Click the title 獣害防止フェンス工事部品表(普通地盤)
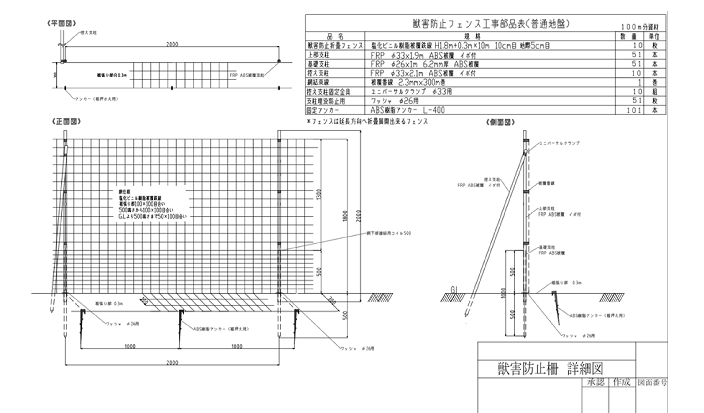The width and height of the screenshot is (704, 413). (x=491, y=24)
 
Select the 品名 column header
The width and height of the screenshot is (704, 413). (x=335, y=36)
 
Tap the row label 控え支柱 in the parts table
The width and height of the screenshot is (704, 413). (x=318, y=73)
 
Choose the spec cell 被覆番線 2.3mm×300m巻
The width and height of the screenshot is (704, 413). (x=408, y=83)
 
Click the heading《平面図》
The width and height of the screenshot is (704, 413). (x=62, y=23)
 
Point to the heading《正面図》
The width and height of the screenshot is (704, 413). (x=66, y=122)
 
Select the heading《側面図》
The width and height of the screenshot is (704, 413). (x=500, y=122)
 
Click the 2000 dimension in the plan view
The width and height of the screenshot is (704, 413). (x=172, y=44)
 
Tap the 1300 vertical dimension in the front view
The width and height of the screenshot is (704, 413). (x=319, y=194)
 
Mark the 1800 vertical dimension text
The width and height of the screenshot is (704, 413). (x=345, y=216)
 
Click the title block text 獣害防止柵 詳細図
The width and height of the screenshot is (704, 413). (x=550, y=369)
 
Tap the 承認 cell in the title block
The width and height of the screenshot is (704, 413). (x=596, y=382)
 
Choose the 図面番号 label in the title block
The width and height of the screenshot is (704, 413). (x=652, y=382)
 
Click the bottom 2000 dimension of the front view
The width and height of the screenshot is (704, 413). (x=172, y=363)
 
